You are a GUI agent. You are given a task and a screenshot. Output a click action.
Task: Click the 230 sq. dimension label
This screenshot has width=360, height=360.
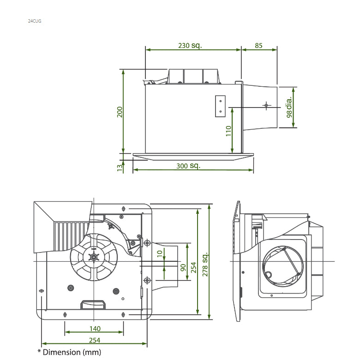pos(190,46)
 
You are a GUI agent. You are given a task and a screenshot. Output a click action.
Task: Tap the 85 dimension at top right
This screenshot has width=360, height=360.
pos(258,46)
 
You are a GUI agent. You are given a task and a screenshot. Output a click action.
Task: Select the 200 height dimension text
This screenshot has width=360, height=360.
pos(120,112)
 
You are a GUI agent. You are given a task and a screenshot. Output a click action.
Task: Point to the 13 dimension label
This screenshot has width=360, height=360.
pos(120,167)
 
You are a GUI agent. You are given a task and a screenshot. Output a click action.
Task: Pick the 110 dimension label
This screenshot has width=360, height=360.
pos(228,131)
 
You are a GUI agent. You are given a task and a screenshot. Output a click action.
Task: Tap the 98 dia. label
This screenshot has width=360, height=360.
pos(289,107)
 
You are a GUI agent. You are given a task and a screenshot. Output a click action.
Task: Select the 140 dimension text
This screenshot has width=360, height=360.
pos(94,329)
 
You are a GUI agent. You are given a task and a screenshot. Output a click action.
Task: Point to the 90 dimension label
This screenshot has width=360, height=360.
pos(183,267)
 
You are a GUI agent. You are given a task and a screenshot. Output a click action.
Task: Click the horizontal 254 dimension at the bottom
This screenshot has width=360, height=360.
pos(94,340)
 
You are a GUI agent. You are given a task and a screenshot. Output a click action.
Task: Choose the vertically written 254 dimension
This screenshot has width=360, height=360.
pos(194,267)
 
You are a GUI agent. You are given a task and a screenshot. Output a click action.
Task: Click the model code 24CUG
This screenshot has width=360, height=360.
pos(35,21)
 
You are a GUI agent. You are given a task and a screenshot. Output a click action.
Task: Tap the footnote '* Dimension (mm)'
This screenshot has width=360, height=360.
pos(69,352)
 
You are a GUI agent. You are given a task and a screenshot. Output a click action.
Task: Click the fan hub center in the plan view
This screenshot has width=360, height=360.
pos(94,258)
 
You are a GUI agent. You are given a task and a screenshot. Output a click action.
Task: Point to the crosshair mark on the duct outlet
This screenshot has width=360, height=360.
pos(266,106)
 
